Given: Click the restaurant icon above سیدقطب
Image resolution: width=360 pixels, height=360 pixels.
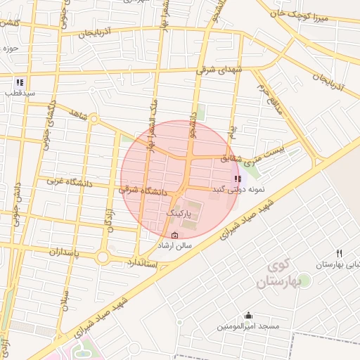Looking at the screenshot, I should [x=20, y=82].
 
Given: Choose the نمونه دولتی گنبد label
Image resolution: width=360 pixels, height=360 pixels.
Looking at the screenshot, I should [x=240, y=190].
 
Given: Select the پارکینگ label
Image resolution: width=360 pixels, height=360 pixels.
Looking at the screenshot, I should [x=182, y=212].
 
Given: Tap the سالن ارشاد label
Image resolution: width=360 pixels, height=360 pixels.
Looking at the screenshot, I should [x=174, y=246].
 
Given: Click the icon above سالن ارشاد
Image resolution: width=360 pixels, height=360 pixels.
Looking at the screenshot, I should [x=174, y=235].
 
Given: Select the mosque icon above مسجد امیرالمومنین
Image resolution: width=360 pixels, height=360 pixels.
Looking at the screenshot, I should [x=248, y=316].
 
